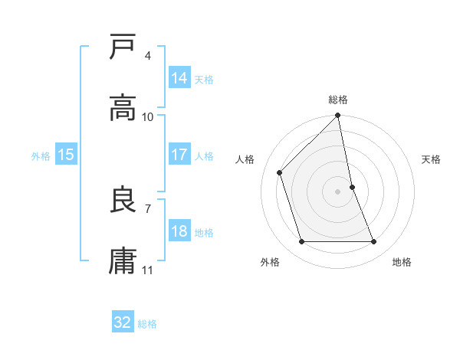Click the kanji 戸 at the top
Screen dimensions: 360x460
point(123,47)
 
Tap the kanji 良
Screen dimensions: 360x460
point(123,201)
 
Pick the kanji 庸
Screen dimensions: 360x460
point(123,261)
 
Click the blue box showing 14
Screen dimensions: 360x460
point(179,78)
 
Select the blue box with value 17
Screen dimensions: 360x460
point(179,155)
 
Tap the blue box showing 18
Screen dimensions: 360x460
point(179,231)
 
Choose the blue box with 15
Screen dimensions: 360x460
point(66,155)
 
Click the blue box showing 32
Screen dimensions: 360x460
point(123,322)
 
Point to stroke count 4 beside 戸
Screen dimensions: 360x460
point(147,56)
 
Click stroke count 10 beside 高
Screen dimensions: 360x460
point(148,117)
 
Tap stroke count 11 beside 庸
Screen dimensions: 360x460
point(148,270)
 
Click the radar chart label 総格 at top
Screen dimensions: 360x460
point(338,100)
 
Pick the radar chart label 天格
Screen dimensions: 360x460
point(432,160)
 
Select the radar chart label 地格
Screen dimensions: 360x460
point(402,262)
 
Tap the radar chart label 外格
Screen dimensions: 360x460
point(270,262)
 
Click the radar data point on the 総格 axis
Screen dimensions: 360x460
point(338,116)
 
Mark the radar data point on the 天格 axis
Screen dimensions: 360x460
point(353,186)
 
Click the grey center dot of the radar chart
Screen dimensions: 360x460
point(338,191)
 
